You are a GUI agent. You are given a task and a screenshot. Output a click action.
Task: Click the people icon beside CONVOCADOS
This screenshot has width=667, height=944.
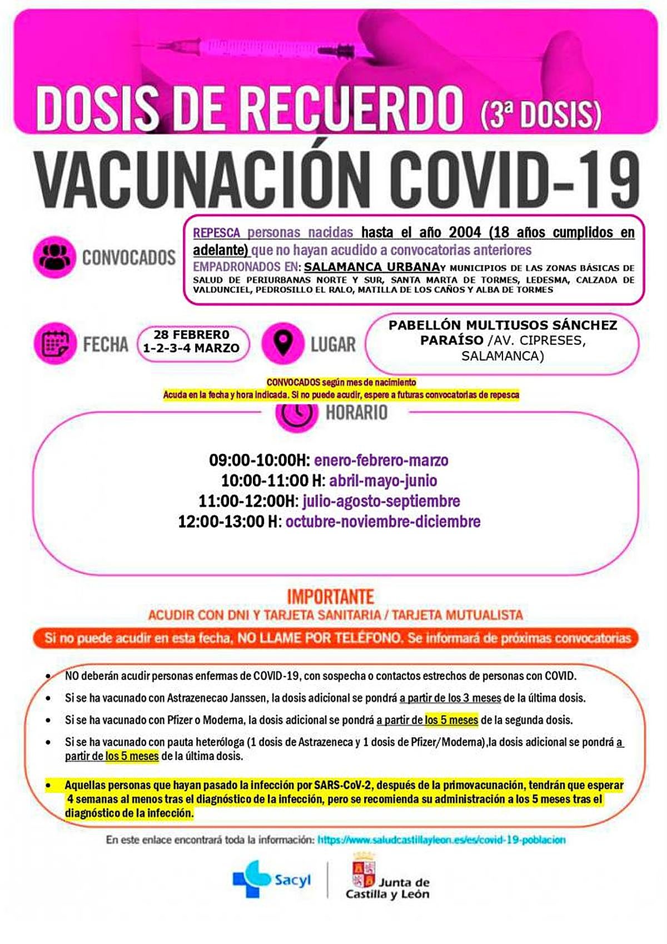[53, 256]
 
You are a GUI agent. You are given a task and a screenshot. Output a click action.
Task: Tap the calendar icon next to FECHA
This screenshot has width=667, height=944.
[54, 343]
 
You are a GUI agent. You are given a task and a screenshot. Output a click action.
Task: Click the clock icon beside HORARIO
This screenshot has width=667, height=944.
[297, 414]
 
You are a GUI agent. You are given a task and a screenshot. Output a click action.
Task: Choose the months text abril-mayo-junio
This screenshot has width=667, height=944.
[383, 481]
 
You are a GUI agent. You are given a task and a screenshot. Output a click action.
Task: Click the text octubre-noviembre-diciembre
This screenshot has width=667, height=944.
[383, 522]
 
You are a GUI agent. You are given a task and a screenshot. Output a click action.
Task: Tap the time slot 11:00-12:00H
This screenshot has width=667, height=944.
[248, 501]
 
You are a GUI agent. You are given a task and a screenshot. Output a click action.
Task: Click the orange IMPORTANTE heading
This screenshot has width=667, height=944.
[330, 597]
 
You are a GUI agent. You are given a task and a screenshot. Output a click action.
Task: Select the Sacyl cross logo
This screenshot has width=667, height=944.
[250, 879]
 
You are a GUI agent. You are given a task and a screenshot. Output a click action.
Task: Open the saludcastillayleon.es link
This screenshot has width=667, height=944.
[441, 840]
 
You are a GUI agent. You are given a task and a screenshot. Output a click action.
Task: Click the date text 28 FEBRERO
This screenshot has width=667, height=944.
[191, 335]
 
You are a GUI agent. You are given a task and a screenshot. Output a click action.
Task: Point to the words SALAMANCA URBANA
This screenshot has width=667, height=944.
[371, 267]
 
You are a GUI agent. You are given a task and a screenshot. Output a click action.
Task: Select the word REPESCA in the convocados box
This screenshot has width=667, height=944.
[216, 233]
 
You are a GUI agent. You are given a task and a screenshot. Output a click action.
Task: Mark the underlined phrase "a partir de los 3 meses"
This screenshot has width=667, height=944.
[450, 698]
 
